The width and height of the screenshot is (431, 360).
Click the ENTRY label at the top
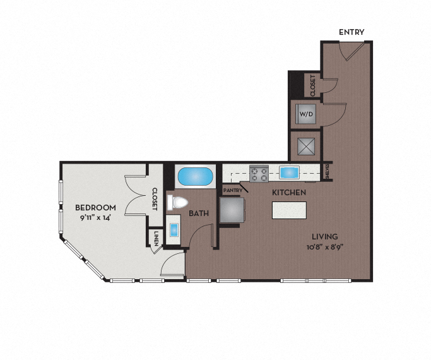coord(351,32)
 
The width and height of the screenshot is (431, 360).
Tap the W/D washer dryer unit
coord(306,114)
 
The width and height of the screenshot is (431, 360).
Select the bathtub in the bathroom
coord(194,177)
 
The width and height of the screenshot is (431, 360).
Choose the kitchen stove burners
coord(259,172)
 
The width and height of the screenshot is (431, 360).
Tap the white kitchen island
coord(289,210)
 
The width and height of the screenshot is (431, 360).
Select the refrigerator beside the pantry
coord(232,210)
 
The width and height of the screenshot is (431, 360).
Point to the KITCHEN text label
coord(289,192)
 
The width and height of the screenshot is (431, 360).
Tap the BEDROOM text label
coord(95,208)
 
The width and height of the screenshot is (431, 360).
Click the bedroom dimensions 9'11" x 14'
coord(95,217)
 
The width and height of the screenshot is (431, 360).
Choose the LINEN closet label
coord(156,237)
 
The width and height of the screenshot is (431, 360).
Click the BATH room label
coord(199,213)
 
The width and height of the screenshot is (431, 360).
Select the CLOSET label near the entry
coord(312,85)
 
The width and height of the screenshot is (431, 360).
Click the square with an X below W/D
coord(306,146)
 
